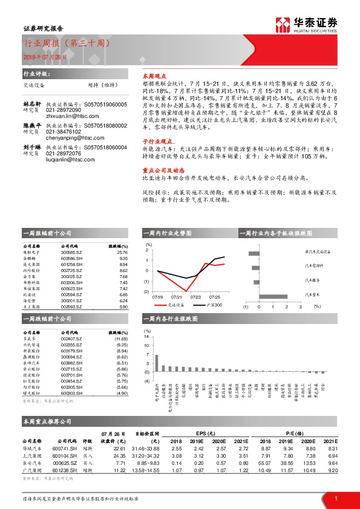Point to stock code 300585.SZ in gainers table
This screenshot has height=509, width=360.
tap(70, 253)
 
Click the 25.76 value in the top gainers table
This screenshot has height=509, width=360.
tap(123, 253)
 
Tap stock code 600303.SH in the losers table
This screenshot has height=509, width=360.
tap(70, 393)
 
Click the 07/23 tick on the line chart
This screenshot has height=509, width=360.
tap(195, 297)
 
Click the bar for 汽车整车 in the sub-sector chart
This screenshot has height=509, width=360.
tap(273, 296)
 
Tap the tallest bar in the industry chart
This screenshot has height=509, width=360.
tap(157, 362)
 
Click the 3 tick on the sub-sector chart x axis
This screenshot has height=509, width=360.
tap(300, 306)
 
